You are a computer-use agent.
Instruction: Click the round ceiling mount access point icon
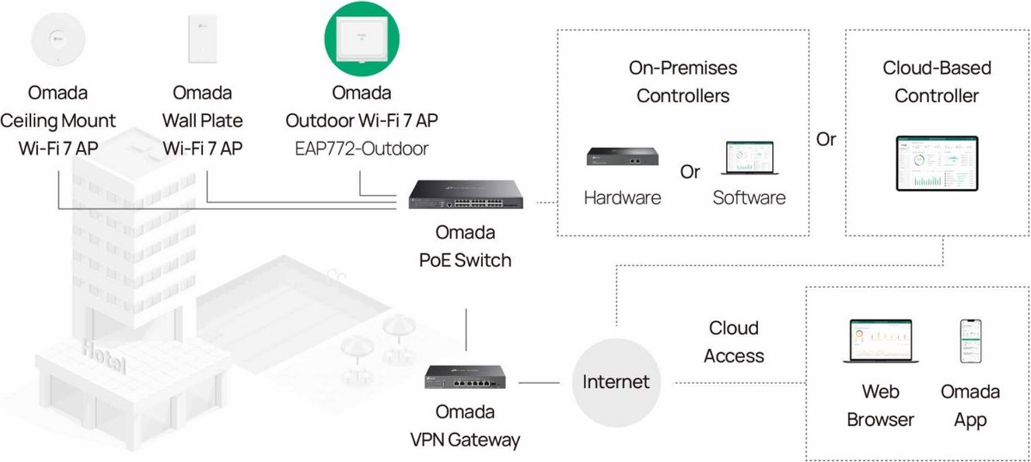[58, 41]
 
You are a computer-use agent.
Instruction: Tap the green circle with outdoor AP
[360, 40]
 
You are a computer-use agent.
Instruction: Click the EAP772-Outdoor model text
[360, 149]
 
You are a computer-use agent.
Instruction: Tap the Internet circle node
[616, 380]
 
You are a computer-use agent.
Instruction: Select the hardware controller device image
[622, 155]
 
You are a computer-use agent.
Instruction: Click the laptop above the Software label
[748, 159]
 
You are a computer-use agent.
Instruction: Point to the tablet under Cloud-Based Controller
[936, 163]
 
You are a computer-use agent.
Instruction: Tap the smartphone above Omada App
[970, 343]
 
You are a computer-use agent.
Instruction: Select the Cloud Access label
[733, 341]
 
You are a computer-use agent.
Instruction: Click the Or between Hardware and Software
[690, 171]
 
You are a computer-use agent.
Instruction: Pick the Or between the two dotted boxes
[826, 139]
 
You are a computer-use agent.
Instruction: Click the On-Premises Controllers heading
[685, 82]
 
